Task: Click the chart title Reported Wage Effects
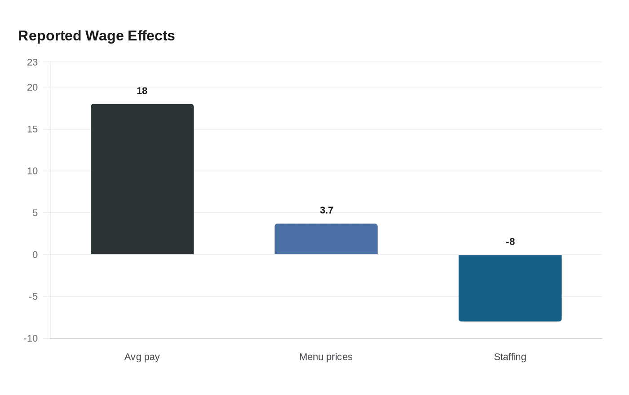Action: click(96, 36)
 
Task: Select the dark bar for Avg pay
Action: click(142, 179)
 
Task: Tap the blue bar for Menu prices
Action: click(326, 239)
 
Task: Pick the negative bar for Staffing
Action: click(510, 288)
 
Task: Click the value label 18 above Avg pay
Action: click(142, 91)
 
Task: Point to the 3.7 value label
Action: click(327, 210)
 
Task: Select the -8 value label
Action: click(510, 242)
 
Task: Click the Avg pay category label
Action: click(142, 357)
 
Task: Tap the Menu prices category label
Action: click(326, 357)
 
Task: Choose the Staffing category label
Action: click(510, 357)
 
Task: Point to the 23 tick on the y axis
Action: click(32, 62)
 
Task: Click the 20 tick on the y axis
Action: click(32, 87)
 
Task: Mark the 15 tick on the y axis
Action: click(32, 129)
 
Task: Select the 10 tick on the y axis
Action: click(32, 171)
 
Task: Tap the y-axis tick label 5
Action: click(35, 213)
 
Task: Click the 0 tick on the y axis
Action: click(35, 255)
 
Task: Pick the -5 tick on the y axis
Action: click(33, 296)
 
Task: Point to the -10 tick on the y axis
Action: click(31, 338)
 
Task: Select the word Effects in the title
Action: click(151, 36)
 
